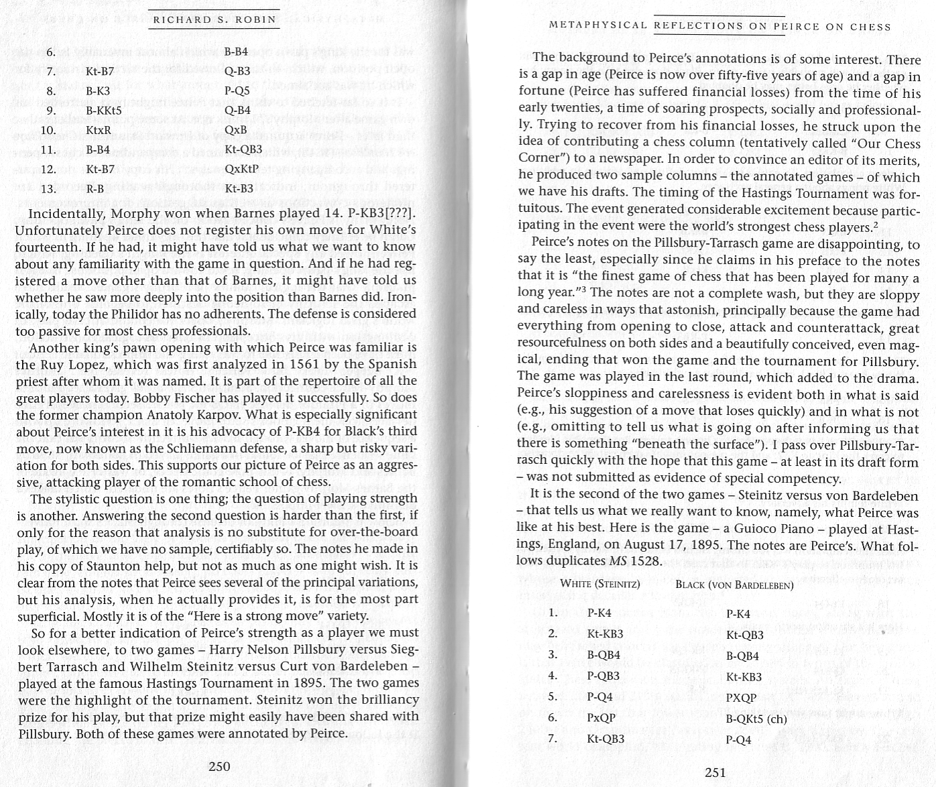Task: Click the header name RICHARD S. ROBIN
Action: click(215, 19)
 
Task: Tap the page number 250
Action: click(219, 766)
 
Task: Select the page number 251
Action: click(716, 772)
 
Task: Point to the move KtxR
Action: click(99, 129)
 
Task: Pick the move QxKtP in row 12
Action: click(242, 168)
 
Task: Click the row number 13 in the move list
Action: click(48, 188)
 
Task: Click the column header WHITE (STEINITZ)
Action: click(599, 584)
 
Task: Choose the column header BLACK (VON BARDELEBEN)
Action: click(734, 585)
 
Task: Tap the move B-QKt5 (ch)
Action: click(756, 719)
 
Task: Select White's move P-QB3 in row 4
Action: click(603, 676)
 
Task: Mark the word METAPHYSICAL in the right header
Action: click(597, 27)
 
